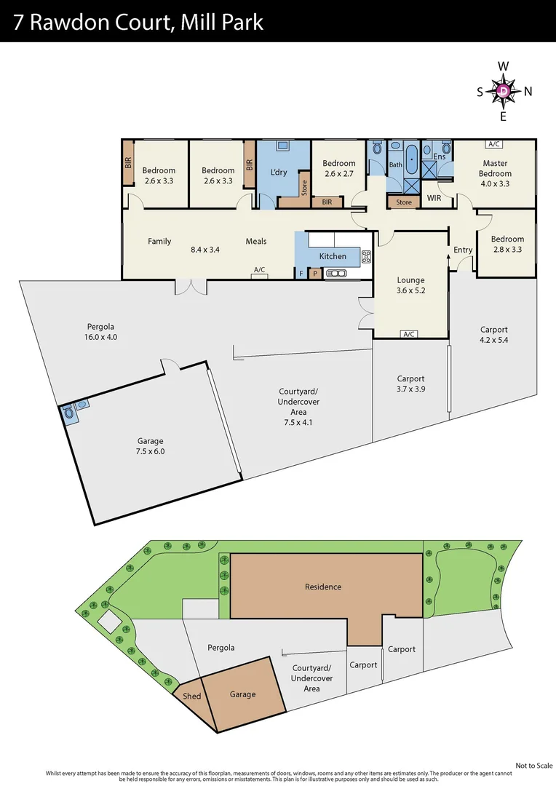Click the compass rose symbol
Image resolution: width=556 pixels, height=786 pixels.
tap(504, 91)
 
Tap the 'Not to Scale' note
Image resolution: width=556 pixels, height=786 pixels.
tap(533, 765)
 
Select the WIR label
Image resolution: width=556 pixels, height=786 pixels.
tap(434, 198)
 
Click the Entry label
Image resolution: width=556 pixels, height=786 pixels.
tap(463, 250)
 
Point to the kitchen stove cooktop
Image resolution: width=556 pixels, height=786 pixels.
tap(366, 255)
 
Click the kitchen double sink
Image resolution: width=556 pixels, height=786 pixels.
tap(337, 274)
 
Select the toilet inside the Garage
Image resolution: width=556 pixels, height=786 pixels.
tap(70, 413)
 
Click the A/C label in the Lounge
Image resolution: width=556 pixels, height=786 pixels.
tap(409, 334)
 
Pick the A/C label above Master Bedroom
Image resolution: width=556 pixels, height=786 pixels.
tap(495, 144)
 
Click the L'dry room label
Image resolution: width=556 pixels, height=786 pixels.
tap(279, 172)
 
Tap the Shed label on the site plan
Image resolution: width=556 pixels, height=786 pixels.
tap(191, 696)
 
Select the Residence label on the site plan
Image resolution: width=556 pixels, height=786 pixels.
tap(323, 587)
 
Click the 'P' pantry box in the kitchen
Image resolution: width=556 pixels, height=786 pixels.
tap(315, 274)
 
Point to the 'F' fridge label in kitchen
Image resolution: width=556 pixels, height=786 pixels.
tap(301, 274)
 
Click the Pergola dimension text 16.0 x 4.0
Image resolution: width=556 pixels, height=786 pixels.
tap(100, 337)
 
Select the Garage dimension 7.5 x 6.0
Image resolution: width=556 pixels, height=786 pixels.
tap(151, 451)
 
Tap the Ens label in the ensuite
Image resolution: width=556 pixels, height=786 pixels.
tap(440, 156)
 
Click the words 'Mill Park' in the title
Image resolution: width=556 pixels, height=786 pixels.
tap(223, 22)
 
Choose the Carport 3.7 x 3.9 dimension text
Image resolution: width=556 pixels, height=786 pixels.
tap(410, 389)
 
